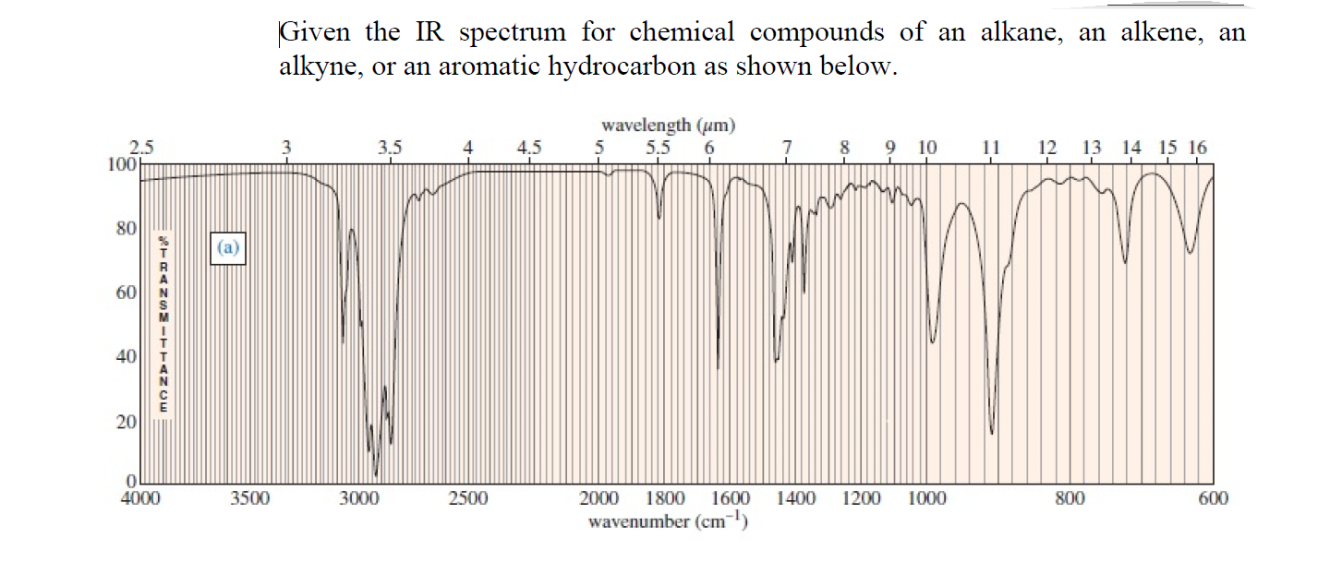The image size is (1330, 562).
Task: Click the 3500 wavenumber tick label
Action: coord(249,499)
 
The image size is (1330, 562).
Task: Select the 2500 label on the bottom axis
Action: coord(468,499)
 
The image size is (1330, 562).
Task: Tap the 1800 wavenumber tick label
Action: coord(665,499)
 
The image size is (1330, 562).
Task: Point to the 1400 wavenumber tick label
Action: coord(796,499)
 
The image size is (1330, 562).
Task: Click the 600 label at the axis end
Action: coord(1213,499)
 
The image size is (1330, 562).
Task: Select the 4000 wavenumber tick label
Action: coord(140,499)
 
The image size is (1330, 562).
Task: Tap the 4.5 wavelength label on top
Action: coord(530,147)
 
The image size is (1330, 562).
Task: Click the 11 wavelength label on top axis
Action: coord(991,147)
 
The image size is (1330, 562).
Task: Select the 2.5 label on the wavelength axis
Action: coord(141,147)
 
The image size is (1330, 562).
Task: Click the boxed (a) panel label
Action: coord(228,247)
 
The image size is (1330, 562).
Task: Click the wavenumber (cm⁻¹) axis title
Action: coord(667,522)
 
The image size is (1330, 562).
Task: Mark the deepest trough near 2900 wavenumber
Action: coord(375,474)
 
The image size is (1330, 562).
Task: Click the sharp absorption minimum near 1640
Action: coord(719,367)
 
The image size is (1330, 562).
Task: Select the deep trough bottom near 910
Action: coord(992,433)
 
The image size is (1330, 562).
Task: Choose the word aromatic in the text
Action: coord(465,68)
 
